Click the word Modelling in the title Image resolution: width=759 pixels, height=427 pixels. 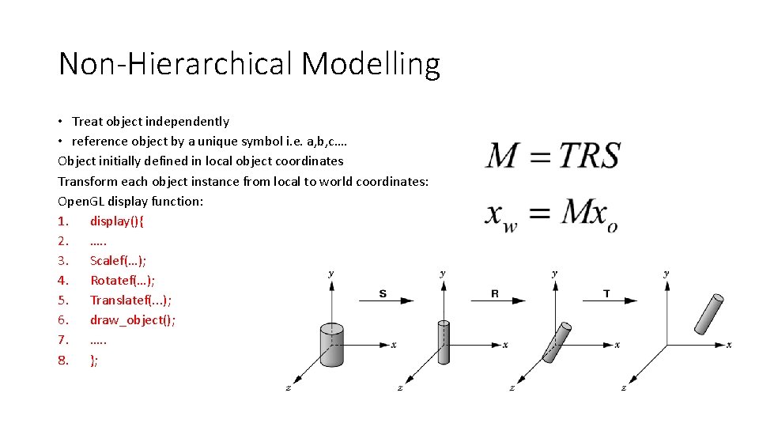[x=370, y=64]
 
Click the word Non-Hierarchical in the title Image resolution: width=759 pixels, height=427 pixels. [x=176, y=64]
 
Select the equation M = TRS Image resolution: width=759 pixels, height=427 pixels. [x=553, y=155]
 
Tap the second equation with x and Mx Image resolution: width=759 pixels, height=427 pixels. [x=550, y=213]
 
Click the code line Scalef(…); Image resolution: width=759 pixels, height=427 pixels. [x=119, y=260]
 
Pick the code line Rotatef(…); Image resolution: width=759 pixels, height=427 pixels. [x=123, y=280]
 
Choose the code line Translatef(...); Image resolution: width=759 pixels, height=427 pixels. [x=131, y=300]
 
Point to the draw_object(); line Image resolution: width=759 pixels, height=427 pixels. [x=133, y=319]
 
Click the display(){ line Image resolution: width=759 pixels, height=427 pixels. [x=116, y=221]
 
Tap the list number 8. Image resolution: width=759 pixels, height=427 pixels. [x=62, y=360]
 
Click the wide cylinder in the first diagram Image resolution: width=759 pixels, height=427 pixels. [x=331, y=345]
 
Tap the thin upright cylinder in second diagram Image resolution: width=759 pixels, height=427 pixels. [x=443, y=343]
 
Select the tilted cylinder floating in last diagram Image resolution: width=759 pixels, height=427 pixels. [x=708, y=314]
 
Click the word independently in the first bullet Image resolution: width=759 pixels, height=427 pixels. [x=191, y=121]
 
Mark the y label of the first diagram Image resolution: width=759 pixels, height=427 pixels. [x=330, y=273]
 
